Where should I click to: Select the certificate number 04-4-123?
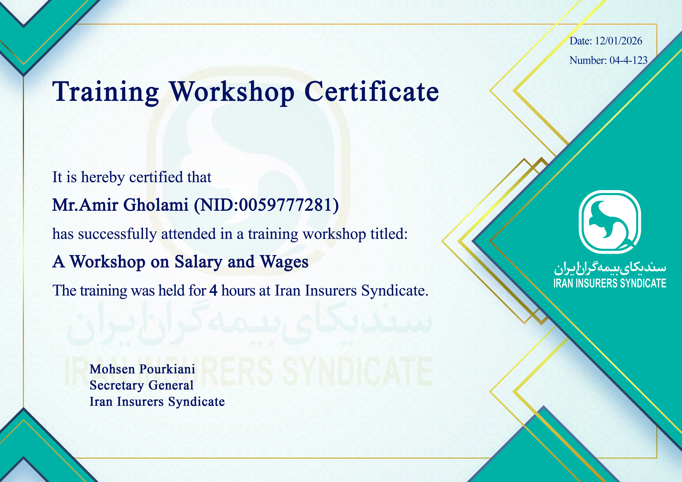[629, 60]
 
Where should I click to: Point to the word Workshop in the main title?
[232, 92]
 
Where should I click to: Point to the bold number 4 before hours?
[213, 290]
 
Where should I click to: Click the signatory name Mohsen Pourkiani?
[142, 369]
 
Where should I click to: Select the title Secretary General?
[141, 385]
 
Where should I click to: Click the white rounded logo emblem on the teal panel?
[610, 222]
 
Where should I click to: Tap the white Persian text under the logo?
[610, 268]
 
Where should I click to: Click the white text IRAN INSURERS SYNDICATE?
[610, 283]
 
